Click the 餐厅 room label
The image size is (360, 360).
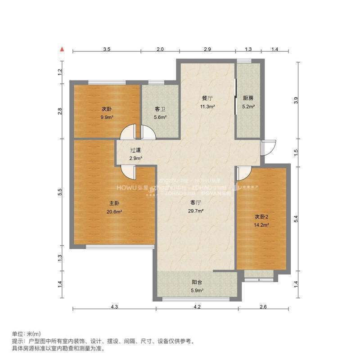pos(207,98)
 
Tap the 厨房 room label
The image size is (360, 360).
pos(249,98)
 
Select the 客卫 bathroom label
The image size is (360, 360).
pos(161,109)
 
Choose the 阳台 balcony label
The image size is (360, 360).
pos(197,282)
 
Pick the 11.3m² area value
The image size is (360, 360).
pos(207,107)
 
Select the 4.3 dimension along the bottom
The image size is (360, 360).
pos(114,307)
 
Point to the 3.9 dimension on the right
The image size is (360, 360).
pos(296,101)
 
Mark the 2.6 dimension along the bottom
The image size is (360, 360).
pos(263,307)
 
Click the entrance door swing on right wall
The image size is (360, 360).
pos(269,148)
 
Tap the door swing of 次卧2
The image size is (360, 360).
pos(243,172)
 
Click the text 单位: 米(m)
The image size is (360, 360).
pos(26,334)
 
